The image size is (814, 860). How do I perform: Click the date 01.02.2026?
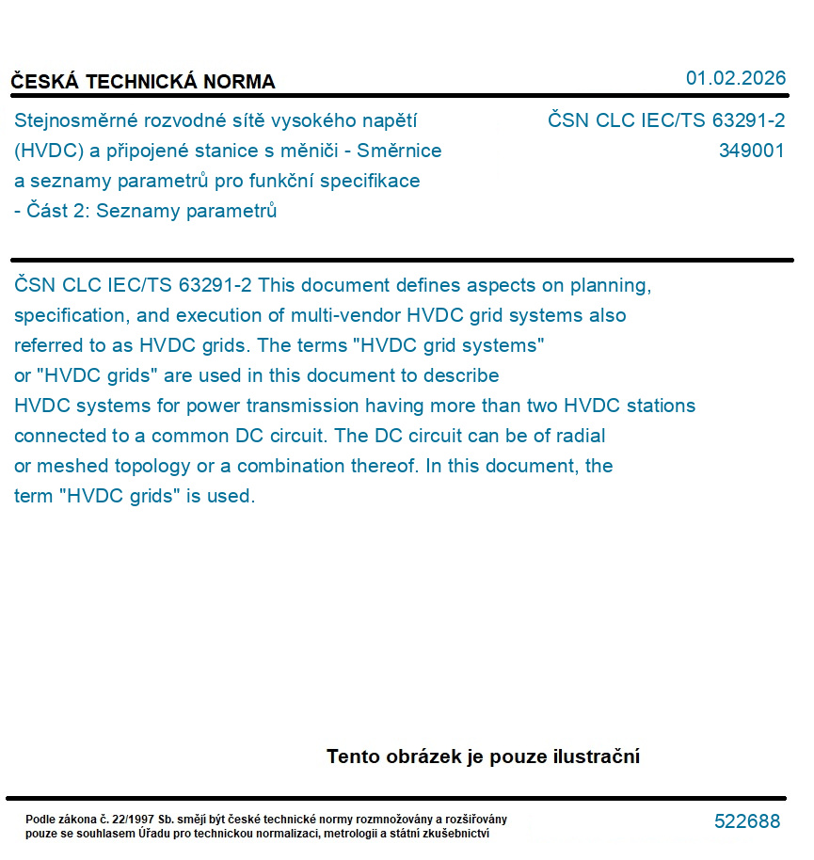[735, 78]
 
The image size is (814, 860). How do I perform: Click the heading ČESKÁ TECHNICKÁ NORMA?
[143, 82]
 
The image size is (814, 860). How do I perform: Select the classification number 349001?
[751, 151]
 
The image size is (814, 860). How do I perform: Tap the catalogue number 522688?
[747, 821]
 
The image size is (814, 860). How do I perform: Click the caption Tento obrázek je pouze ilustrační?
[483, 756]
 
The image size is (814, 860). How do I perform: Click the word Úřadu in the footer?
[153, 833]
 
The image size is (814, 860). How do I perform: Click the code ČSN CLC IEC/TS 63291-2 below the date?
[666, 120]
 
